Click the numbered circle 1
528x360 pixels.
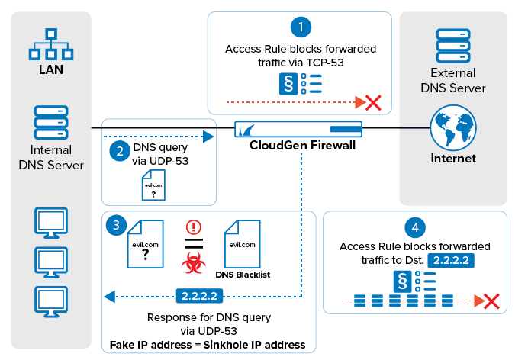301,27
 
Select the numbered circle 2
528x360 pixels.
118,150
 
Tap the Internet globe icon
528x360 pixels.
452,128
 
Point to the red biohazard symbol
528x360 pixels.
192,265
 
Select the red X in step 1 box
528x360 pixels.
373,101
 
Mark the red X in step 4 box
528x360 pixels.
491,301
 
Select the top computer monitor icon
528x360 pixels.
51,223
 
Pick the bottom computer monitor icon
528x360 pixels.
51,298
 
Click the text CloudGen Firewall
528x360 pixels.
302,146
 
